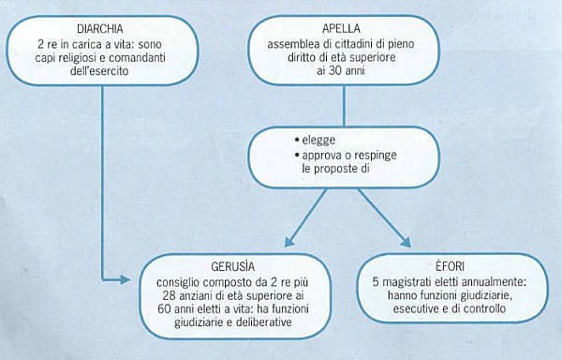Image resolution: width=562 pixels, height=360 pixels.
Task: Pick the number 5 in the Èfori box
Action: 373,279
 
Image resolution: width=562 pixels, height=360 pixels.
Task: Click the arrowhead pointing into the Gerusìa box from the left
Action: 131,279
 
